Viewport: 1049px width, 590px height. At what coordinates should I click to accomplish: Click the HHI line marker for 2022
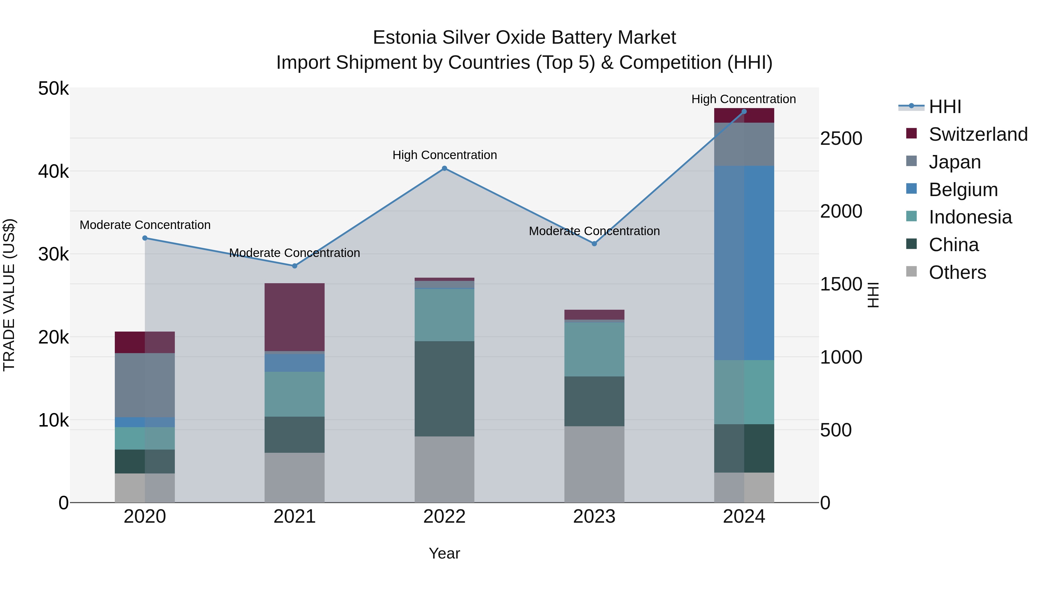click(x=444, y=168)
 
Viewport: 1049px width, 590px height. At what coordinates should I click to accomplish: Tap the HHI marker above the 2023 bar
click(x=594, y=244)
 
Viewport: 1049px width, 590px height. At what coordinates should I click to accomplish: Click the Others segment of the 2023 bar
click(x=594, y=464)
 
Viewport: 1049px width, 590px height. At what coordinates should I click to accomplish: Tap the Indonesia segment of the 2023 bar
click(x=594, y=349)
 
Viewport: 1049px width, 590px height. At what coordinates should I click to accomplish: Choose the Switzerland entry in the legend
click(x=978, y=134)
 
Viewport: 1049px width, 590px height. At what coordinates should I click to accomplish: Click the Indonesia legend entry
click(x=970, y=217)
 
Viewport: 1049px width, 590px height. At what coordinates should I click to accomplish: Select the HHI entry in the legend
click(x=945, y=107)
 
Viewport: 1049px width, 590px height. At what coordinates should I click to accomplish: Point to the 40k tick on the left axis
click(x=53, y=171)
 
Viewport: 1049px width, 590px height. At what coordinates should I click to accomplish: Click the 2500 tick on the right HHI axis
click(x=841, y=138)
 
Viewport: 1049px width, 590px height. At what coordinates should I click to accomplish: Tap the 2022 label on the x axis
click(x=444, y=517)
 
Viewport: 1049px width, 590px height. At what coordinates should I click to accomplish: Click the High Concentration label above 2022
click(x=444, y=155)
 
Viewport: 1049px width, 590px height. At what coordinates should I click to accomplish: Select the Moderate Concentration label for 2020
click(x=145, y=225)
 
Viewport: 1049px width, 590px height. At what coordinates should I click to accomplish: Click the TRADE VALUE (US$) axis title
click(x=9, y=295)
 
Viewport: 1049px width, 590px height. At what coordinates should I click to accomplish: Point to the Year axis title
click(x=444, y=553)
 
